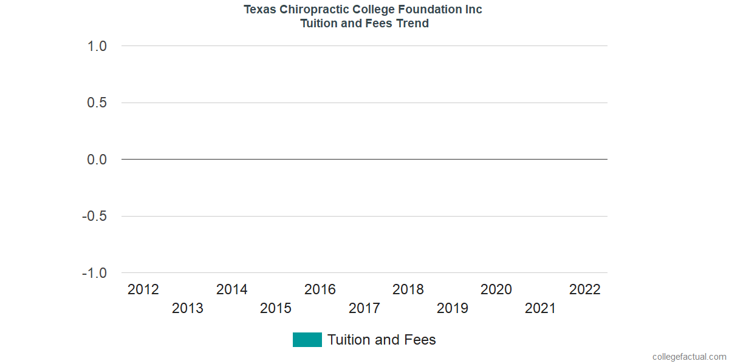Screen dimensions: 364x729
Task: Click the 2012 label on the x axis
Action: click(143, 289)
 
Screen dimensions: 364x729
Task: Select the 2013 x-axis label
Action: click(188, 308)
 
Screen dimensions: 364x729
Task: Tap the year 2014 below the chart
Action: click(232, 289)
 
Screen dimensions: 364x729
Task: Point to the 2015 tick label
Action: click(276, 308)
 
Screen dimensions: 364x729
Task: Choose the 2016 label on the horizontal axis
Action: click(320, 289)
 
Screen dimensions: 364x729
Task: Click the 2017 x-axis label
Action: click(364, 308)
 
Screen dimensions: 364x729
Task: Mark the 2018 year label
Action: click(408, 289)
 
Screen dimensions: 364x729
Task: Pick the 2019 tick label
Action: click(453, 308)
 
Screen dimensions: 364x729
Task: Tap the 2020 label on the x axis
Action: click(496, 289)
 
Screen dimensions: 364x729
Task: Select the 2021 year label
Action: click(541, 308)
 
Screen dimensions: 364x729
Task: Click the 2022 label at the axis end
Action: click(585, 289)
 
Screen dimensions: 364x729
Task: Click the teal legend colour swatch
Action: click(307, 340)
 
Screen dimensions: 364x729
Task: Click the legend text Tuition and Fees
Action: click(382, 340)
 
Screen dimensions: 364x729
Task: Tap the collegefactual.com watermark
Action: click(689, 357)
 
